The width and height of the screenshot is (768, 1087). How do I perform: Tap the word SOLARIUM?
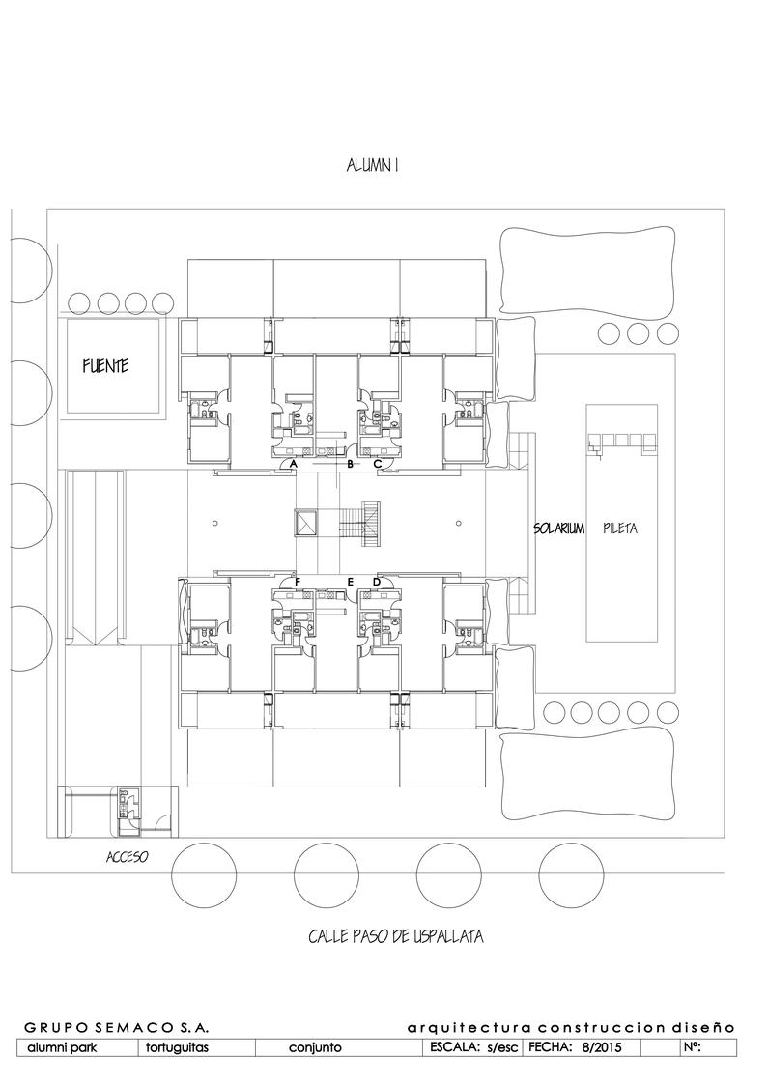(x=558, y=529)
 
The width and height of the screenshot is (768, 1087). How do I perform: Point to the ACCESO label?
(x=127, y=857)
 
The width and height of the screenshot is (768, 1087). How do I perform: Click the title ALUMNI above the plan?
(x=372, y=165)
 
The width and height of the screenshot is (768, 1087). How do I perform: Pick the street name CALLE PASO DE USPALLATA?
(x=396, y=936)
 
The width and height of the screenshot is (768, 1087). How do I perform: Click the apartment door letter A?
(x=294, y=463)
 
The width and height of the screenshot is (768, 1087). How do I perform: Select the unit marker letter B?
(x=350, y=464)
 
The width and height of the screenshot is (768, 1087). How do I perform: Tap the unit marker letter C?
(x=378, y=463)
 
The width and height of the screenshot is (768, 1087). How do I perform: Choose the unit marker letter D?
(x=377, y=582)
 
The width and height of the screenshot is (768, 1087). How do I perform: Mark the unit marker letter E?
(x=350, y=582)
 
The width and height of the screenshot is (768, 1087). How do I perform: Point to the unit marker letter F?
(x=298, y=582)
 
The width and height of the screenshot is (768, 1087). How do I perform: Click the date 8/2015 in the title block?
(x=597, y=1047)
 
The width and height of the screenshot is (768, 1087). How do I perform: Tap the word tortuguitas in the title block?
(x=178, y=1047)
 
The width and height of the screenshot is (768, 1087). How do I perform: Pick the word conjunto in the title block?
(x=315, y=1047)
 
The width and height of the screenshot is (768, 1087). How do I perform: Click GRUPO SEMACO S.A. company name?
(x=117, y=1027)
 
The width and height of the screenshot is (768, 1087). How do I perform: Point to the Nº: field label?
(x=693, y=1046)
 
